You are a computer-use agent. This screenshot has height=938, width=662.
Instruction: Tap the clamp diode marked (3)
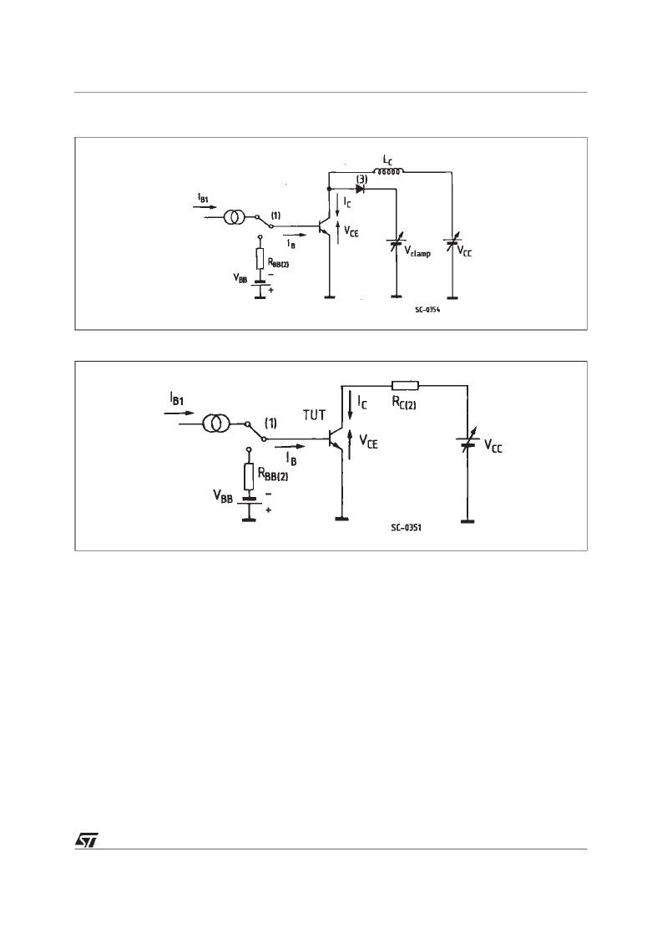361,189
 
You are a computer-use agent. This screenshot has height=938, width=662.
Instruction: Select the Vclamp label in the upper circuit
417,252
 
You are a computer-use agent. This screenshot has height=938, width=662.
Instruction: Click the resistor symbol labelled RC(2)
405,385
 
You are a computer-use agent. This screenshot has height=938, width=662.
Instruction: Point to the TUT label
314,415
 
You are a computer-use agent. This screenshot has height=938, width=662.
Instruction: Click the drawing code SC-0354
428,311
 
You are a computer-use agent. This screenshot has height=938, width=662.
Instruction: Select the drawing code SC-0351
406,528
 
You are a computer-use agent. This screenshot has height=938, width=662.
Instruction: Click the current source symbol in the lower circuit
215,424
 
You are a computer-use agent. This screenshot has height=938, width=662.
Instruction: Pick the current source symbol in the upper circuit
234,218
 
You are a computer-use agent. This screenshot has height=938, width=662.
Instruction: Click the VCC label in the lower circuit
493,446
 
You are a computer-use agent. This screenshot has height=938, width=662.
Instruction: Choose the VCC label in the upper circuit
464,252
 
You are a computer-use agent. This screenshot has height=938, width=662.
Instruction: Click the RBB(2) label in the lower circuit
273,475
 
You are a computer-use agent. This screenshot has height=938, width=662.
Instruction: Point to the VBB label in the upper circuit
240,279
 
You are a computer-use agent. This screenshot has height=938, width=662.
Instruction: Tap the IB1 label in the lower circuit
176,399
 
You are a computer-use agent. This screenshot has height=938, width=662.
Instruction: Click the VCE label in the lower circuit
368,442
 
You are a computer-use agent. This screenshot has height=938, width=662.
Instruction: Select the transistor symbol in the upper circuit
326,226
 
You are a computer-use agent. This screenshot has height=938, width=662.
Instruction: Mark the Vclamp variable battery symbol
396,244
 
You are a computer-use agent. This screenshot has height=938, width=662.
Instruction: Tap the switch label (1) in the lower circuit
270,423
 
